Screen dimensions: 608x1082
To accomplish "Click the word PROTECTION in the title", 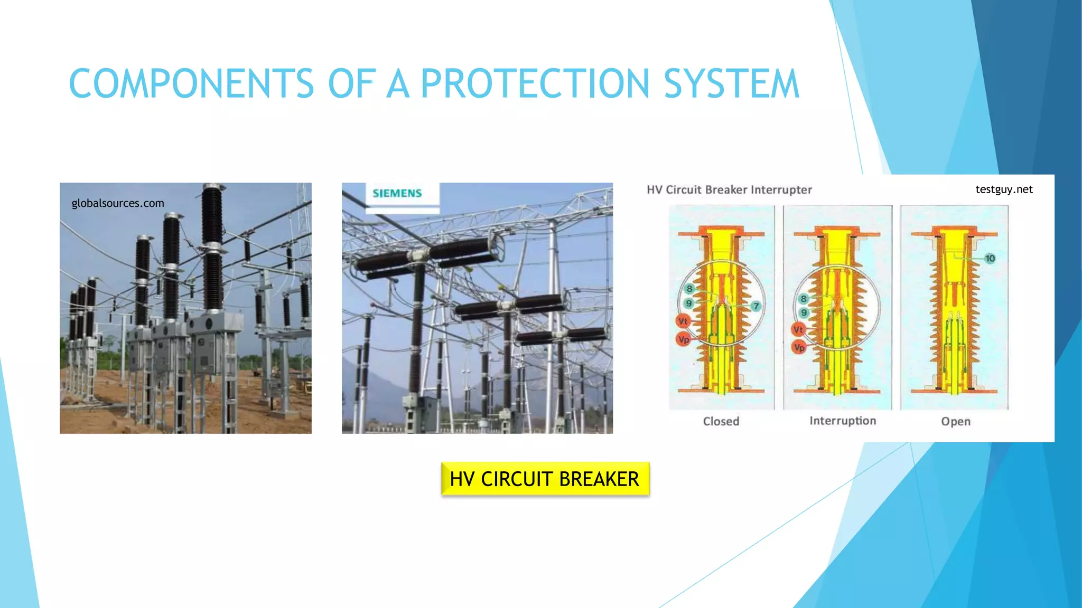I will point(535,83).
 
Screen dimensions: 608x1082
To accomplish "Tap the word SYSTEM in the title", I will point(731,83).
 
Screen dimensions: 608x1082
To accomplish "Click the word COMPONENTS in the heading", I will point(191,83).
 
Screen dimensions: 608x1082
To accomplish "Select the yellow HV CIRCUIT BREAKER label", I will point(545,479).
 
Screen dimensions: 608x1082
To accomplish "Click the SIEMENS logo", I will point(397,193).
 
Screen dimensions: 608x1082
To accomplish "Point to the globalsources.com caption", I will point(118,203).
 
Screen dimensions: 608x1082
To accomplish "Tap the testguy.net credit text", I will point(1004,189).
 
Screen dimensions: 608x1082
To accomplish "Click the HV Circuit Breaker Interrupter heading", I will point(729,189).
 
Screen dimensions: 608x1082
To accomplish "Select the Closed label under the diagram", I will point(721,421).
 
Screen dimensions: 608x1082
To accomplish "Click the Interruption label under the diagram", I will point(843,421).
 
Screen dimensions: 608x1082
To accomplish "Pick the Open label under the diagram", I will point(955,421).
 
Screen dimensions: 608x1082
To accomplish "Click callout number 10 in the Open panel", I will point(990,258).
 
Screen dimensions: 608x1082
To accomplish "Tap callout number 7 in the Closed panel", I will point(756,306).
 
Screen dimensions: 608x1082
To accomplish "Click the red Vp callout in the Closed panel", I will point(683,339).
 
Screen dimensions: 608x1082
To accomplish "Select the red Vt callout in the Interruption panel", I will point(798,330).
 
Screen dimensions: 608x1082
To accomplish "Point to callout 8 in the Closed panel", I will point(689,289).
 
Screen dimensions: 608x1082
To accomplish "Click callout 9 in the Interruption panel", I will point(804,312).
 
